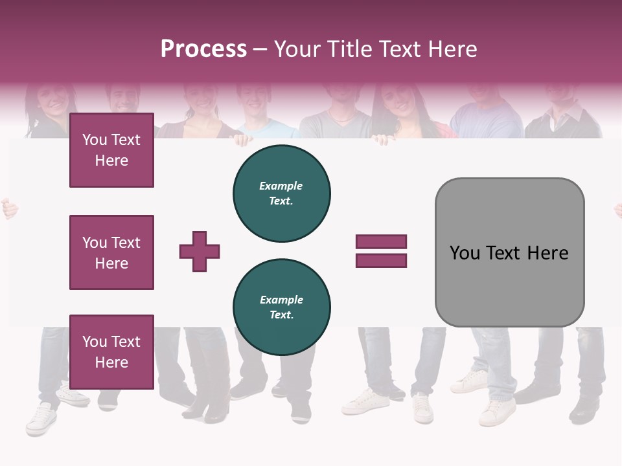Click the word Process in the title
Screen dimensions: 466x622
click(x=203, y=49)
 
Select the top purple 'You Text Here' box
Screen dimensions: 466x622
click(x=111, y=150)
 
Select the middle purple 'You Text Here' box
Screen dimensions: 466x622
click(x=111, y=252)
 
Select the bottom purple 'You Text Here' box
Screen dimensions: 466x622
click(x=111, y=351)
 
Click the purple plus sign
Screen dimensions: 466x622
click(x=200, y=251)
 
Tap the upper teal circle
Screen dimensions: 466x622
click(x=282, y=194)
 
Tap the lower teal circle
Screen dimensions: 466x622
click(x=282, y=307)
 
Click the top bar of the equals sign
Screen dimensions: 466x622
click(x=381, y=242)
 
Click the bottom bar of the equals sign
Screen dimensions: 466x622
click(x=381, y=261)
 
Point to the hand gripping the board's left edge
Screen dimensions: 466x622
click(x=8, y=208)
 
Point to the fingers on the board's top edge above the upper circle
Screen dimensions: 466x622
click(x=242, y=139)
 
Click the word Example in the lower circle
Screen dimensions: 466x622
click(x=282, y=300)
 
